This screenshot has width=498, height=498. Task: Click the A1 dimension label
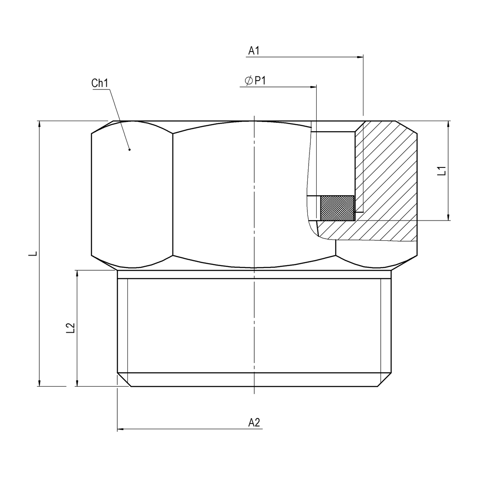[x=254, y=51]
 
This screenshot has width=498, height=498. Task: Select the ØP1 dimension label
[x=255, y=81]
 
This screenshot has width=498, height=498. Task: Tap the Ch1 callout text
[x=100, y=83]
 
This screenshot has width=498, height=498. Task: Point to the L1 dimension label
[x=442, y=170]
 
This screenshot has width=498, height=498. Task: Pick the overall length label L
[x=33, y=253]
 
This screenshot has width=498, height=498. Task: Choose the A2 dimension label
[x=254, y=423]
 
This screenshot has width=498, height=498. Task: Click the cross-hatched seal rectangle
[x=337, y=208]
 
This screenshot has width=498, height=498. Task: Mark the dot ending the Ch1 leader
[x=129, y=150]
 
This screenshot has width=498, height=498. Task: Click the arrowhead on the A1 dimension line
[x=360, y=57]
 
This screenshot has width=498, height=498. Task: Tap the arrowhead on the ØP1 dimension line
[x=313, y=87]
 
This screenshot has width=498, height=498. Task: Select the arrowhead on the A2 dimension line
[x=121, y=429]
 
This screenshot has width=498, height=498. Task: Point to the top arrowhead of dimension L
[x=39, y=124]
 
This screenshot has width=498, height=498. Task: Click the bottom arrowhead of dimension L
[x=39, y=383]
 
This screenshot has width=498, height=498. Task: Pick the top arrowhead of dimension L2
[x=77, y=274]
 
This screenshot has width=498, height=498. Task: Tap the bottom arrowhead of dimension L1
[x=448, y=217]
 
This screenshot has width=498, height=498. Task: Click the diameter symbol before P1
[x=249, y=81]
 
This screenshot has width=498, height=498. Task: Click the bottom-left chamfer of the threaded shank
[x=124, y=380]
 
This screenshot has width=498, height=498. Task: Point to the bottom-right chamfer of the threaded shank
[x=384, y=380]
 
